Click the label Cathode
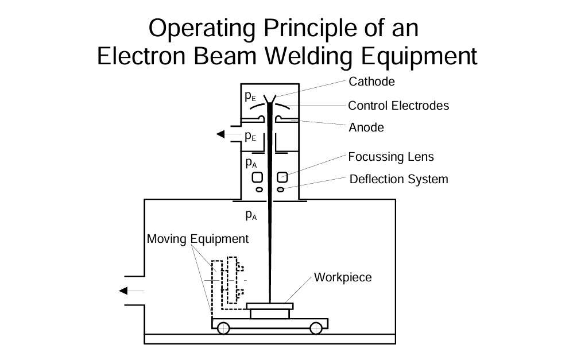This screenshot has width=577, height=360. coord(371,82)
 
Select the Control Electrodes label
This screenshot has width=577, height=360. coord(398,106)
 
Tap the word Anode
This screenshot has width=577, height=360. coord(366,127)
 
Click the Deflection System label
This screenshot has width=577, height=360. coord(398,179)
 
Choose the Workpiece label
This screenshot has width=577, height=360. coord(343,277)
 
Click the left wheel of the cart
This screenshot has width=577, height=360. coord(223,328)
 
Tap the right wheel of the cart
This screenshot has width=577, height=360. coord(315,328)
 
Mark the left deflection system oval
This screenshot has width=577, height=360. coord(259,189)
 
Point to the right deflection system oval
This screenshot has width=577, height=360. coord(281,189)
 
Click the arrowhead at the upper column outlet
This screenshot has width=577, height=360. coord(220,135)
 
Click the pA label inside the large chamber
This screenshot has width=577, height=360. coord(251,215)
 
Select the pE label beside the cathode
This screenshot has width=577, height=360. coord(250,96)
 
